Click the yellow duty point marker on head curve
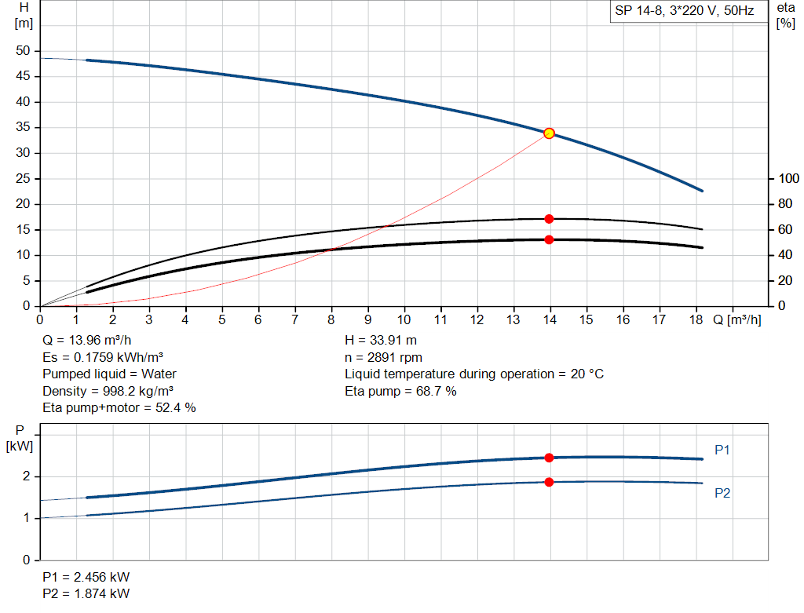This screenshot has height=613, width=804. click(549, 133)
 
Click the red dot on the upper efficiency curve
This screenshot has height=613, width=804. click(549, 219)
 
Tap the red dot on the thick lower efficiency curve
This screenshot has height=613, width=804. click(549, 239)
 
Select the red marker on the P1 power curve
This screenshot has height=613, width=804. click(549, 458)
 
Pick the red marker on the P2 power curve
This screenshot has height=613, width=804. click(549, 482)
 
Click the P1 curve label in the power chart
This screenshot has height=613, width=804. click(722, 450)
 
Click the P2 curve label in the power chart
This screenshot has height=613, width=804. click(722, 494)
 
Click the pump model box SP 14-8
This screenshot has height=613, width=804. click(685, 12)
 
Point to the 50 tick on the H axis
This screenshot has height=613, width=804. click(23, 51)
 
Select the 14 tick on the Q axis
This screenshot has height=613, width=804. click(550, 319)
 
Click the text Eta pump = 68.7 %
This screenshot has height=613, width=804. click(400, 390)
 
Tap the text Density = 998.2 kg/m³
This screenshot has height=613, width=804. click(108, 390)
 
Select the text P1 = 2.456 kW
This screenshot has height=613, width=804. click(86, 577)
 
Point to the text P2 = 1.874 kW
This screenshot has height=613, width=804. click(86, 593)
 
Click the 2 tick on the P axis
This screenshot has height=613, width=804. click(27, 476)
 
